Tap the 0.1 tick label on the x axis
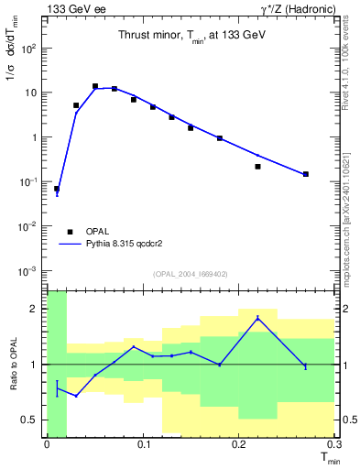click(143, 445)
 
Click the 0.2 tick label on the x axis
click(239, 445)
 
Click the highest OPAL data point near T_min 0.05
click(95, 86)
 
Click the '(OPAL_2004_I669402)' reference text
click(191, 273)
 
